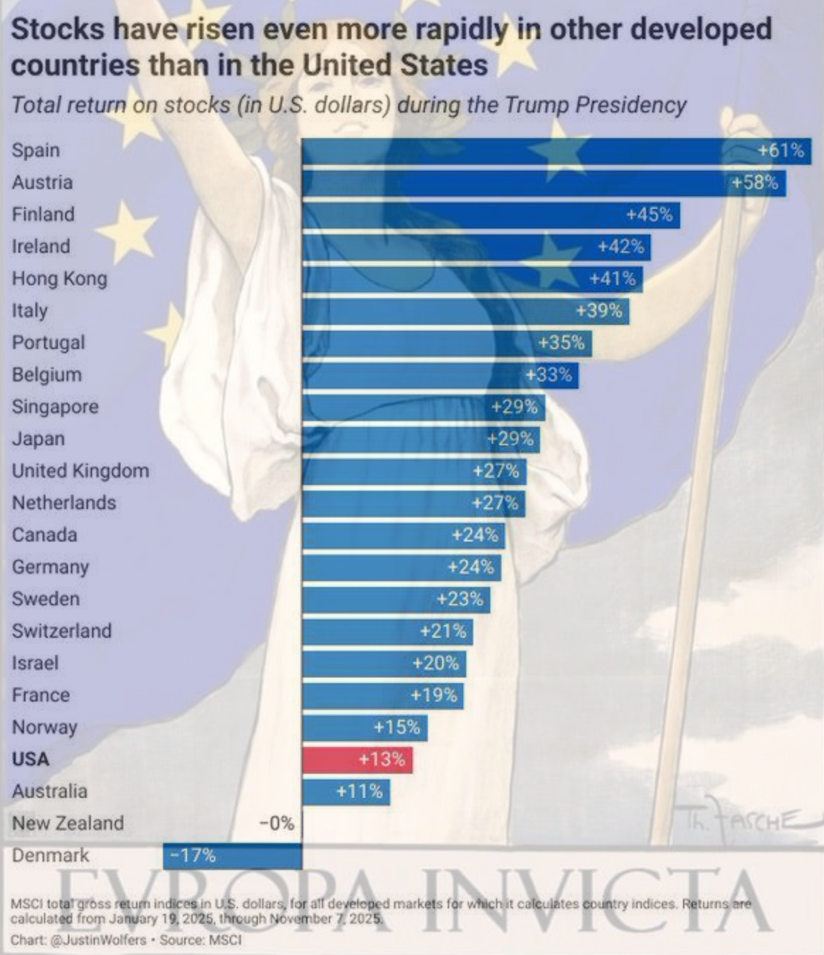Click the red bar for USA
click(x=357, y=760)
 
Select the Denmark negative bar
click(x=232, y=855)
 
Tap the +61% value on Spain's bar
click(x=781, y=150)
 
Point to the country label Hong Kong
click(x=60, y=278)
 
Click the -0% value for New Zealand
click(x=276, y=823)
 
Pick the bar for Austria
click(x=543, y=183)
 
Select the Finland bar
click(x=490, y=215)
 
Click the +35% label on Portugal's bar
click(x=561, y=343)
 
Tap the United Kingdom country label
click(x=80, y=471)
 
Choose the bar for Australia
click(x=346, y=791)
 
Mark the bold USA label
click(x=30, y=759)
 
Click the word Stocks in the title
click(x=58, y=30)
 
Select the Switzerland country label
click(x=62, y=631)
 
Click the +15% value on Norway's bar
click(x=397, y=727)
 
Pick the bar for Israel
click(x=384, y=663)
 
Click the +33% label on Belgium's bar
click(x=549, y=374)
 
